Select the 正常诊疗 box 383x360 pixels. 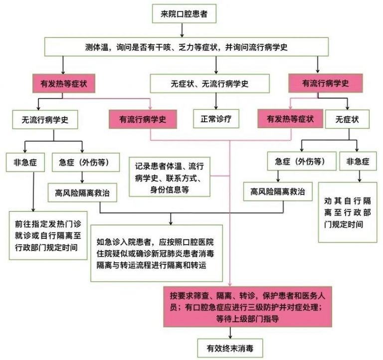[215, 119]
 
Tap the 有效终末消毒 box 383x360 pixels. [229, 348]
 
